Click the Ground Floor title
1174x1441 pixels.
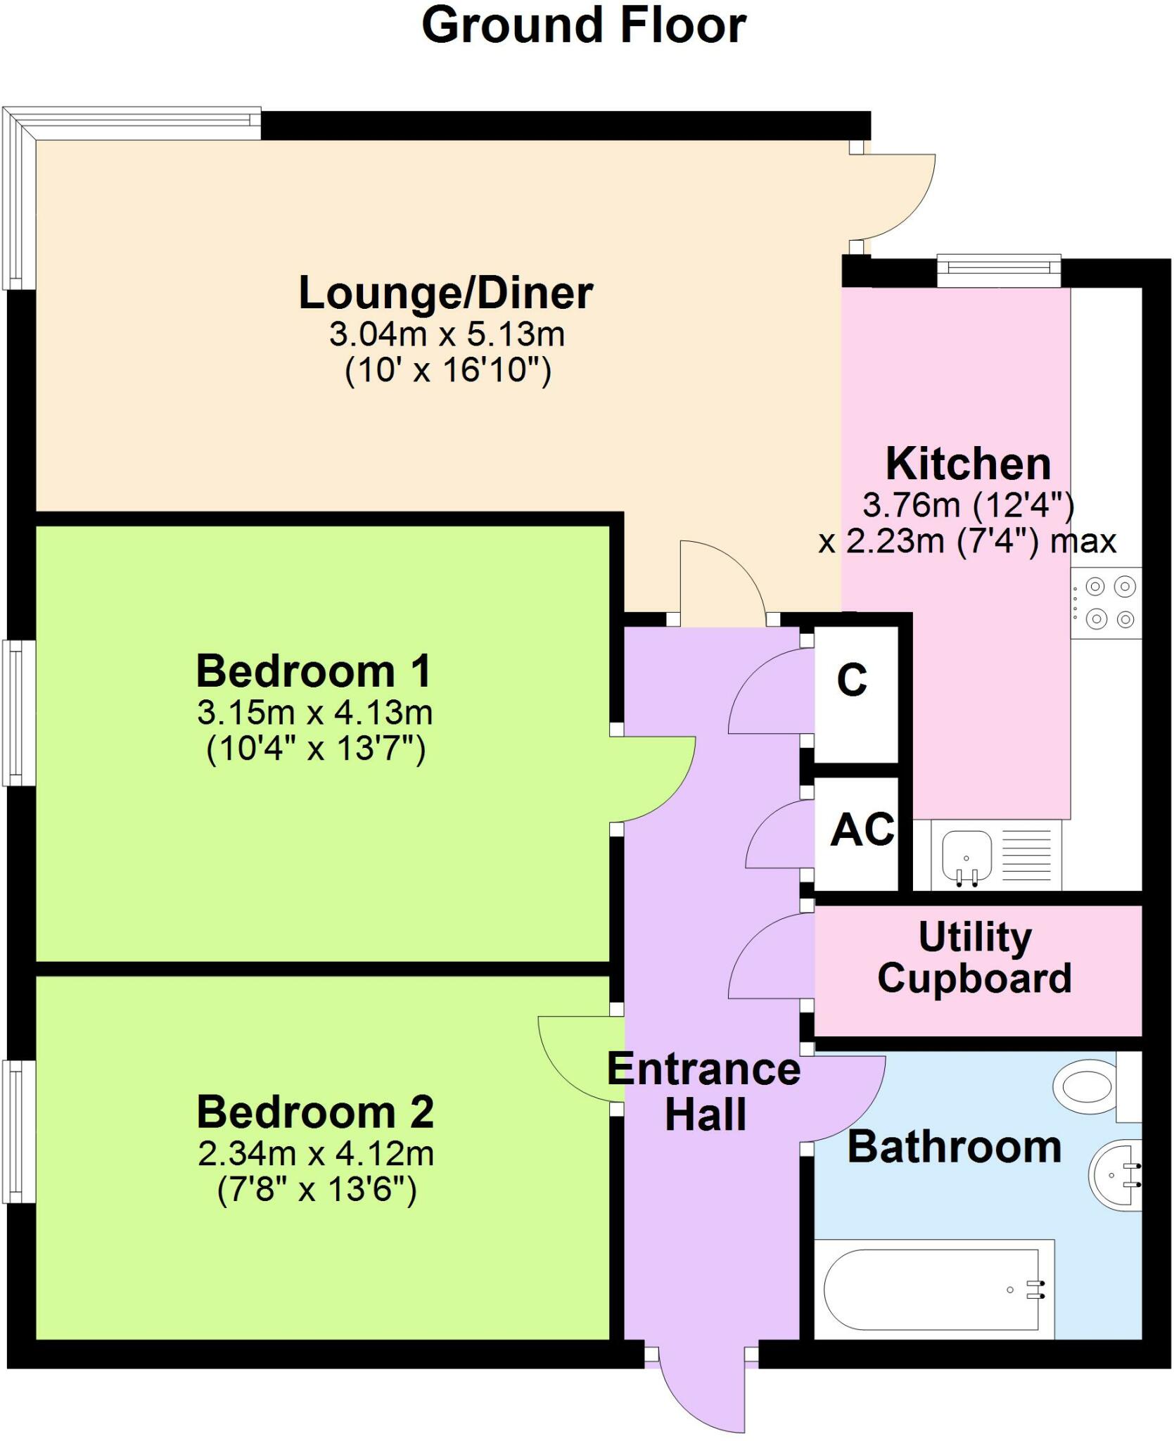(x=584, y=26)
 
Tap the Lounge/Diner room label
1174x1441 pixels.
(x=446, y=293)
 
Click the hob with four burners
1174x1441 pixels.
(x=1106, y=604)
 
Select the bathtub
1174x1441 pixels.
(x=932, y=1290)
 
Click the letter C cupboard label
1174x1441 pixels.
(x=852, y=680)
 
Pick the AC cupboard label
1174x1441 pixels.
(x=862, y=830)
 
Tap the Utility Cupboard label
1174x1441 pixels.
(x=974, y=958)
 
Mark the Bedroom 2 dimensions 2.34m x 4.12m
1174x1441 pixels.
(x=316, y=1155)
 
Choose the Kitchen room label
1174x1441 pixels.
(x=968, y=464)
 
